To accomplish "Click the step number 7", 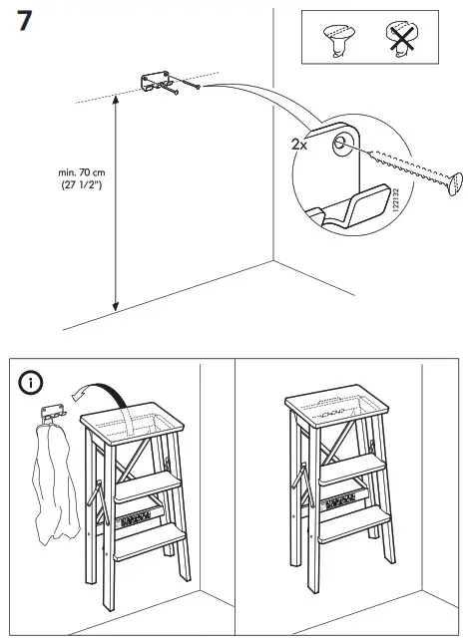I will (x=29, y=23).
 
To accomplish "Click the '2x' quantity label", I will (x=298, y=144).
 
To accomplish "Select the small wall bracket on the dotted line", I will (x=158, y=80).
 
